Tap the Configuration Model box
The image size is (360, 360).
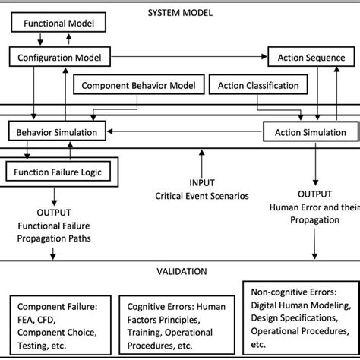pyautogui.click(x=60, y=56)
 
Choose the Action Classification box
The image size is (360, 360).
pyautogui.click(x=258, y=86)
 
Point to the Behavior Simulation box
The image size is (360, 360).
pyautogui.click(x=57, y=133)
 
